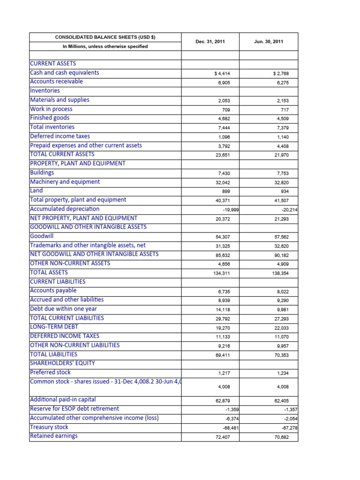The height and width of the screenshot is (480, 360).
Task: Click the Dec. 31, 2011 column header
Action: click(x=210, y=42)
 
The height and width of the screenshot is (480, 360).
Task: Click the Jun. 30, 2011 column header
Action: click(x=269, y=42)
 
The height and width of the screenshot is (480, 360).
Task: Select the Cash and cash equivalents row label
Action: click(x=64, y=73)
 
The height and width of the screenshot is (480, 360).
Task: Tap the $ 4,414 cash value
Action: click(x=222, y=74)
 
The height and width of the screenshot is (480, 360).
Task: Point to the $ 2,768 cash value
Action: click(x=281, y=74)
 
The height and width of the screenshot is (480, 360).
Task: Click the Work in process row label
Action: click(x=51, y=109)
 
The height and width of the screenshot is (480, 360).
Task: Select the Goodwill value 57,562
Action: click(x=282, y=237)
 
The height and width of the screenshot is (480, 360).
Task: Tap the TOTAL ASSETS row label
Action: click(x=49, y=272)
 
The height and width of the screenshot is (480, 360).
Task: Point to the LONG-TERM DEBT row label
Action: click(x=54, y=327)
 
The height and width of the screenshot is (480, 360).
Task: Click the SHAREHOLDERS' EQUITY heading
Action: click(x=62, y=363)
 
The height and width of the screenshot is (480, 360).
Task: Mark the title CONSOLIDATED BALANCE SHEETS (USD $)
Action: click(x=105, y=37)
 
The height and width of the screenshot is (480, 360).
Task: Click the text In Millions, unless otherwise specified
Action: click(x=105, y=46)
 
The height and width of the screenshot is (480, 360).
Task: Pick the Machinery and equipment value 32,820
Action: click(x=282, y=183)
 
